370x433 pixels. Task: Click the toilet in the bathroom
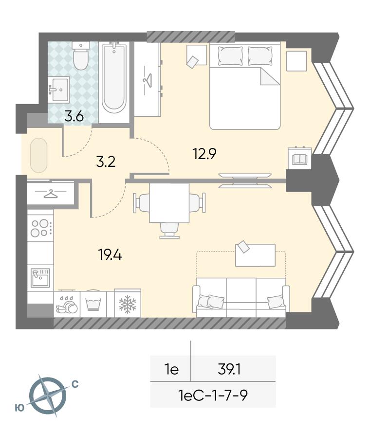(x=81, y=55)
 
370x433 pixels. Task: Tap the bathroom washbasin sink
(x=58, y=89)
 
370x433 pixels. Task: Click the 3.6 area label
(x=74, y=116)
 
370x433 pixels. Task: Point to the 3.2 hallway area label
(x=106, y=162)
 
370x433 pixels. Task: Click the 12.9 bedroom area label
(x=204, y=154)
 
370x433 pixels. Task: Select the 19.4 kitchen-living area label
(x=110, y=254)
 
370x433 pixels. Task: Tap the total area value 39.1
(x=229, y=369)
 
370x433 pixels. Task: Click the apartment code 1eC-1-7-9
(x=213, y=395)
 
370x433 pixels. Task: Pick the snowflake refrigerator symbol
(x=128, y=304)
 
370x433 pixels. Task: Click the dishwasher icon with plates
(x=67, y=305)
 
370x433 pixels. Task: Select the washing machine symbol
(x=93, y=304)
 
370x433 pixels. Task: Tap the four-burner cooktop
(x=40, y=228)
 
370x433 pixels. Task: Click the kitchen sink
(x=40, y=277)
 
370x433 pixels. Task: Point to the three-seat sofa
(x=241, y=297)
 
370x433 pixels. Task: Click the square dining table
(x=169, y=203)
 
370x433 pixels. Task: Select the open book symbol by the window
(x=299, y=159)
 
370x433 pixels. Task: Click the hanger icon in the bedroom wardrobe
(x=148, y=80)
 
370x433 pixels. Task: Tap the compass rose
(x=48, y=396)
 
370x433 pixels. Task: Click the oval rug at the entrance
(x=38, y=155)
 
